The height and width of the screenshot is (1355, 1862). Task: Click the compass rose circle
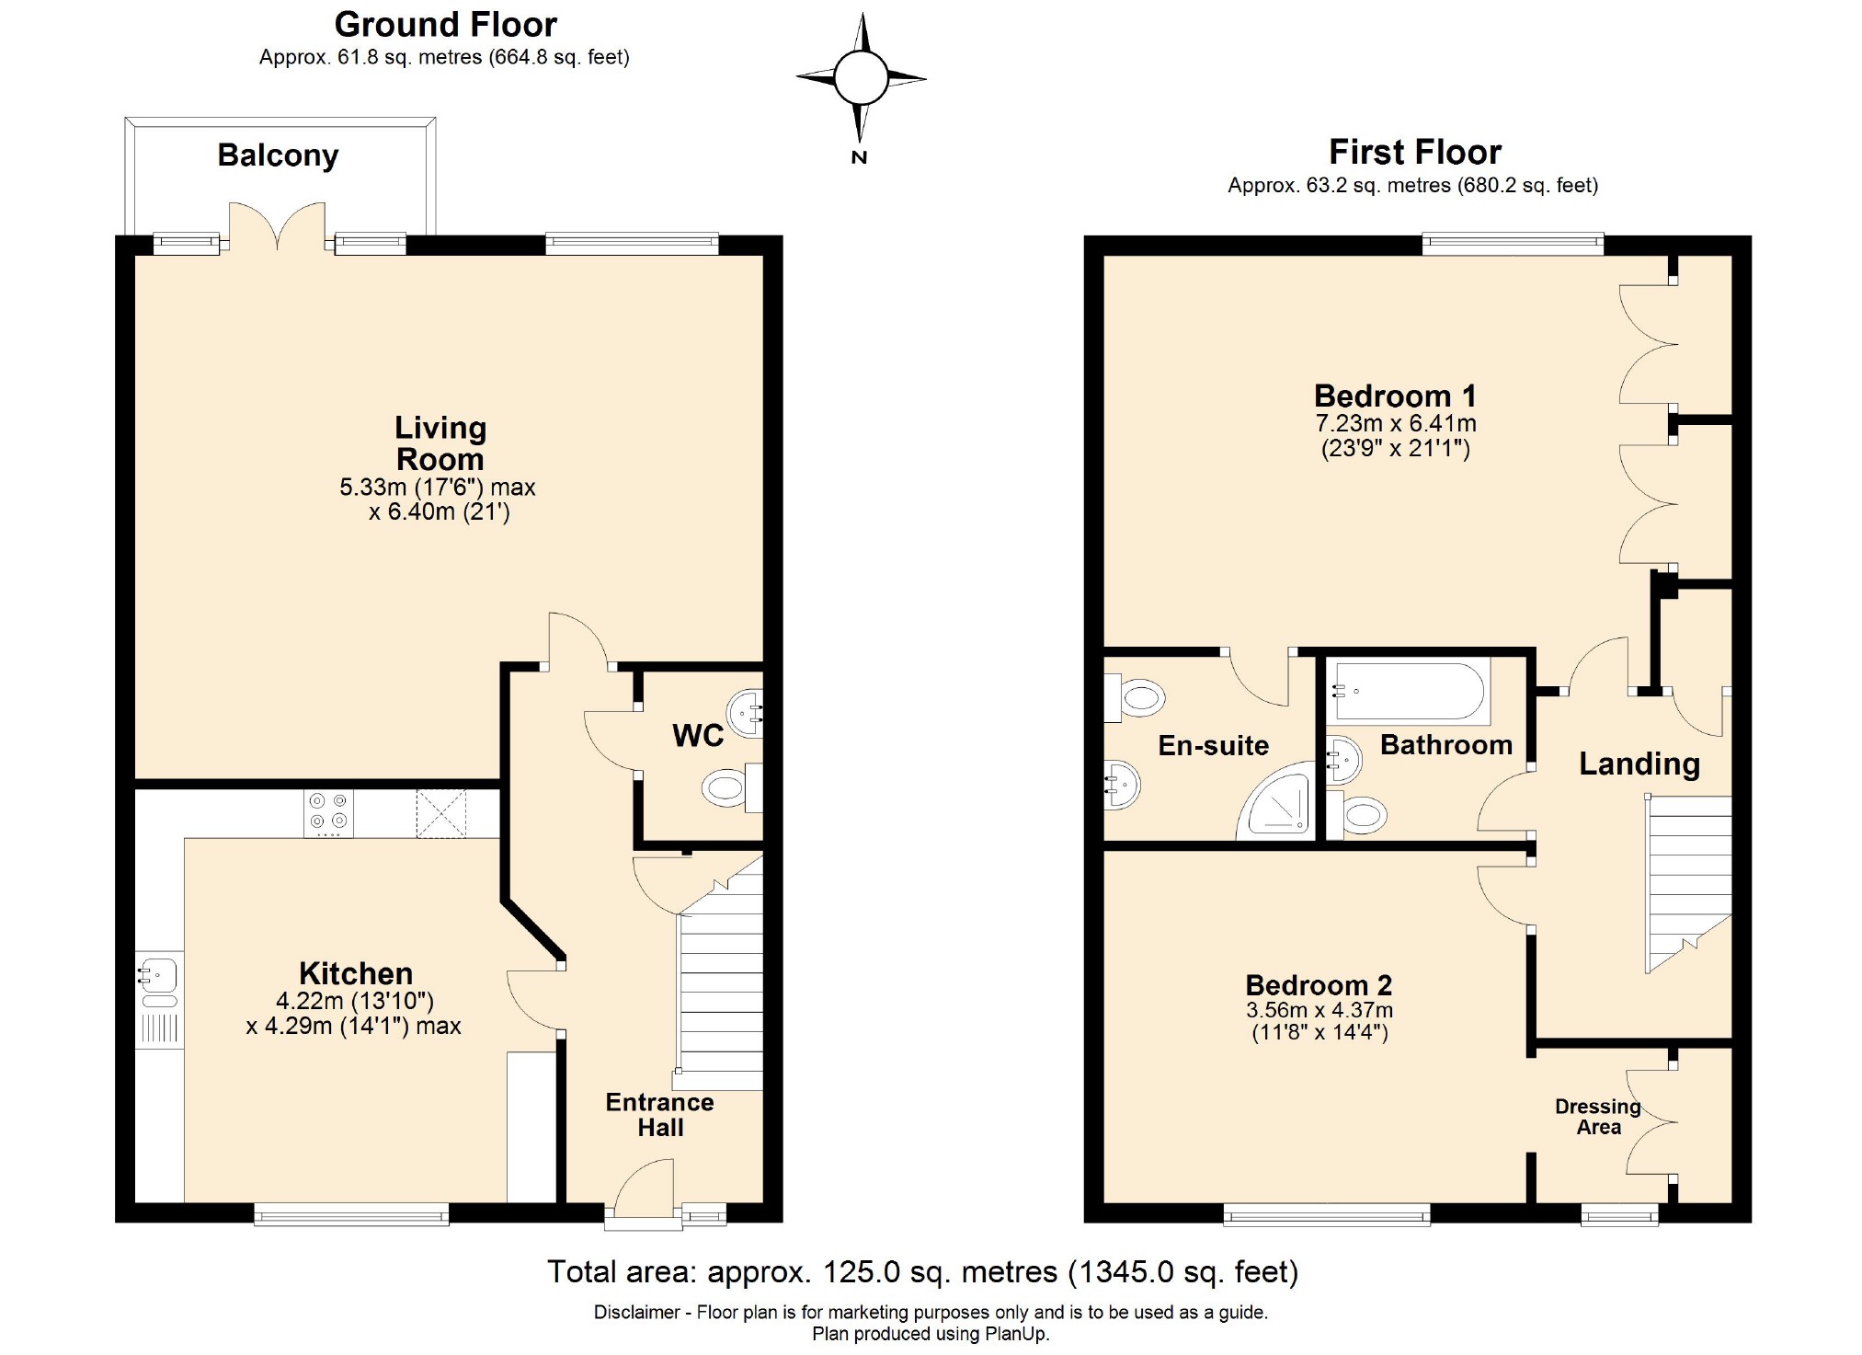[861, 78]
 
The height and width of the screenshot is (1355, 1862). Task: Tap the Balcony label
[278, 155]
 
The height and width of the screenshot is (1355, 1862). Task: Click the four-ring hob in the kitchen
[328, 813]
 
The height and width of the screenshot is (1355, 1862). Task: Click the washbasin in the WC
[746, 710]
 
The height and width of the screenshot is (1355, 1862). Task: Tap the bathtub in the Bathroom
[1408, 692]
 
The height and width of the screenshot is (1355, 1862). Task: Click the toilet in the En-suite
[1137, 697]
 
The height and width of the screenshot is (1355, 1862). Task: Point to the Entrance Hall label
[659, 1115]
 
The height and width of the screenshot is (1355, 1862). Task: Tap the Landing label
[1639, 764]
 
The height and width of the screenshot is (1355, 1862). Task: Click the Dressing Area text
[1598, 1117]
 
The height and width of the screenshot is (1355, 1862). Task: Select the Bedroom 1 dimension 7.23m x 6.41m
[1395, 423]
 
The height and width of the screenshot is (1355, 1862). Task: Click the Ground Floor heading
[445, 24]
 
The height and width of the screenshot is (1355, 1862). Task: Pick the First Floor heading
[1414, 151]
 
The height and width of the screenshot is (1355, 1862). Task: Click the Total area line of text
[922, 1271]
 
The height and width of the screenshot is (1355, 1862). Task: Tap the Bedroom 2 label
[1319, 985]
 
